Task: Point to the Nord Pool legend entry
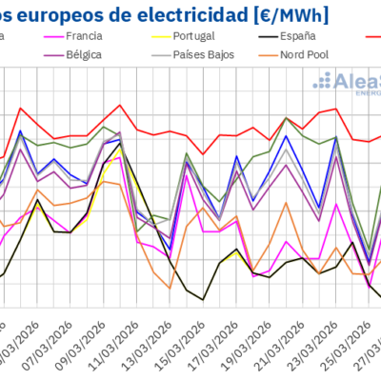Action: point(304,54)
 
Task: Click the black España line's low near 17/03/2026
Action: point(203,299)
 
